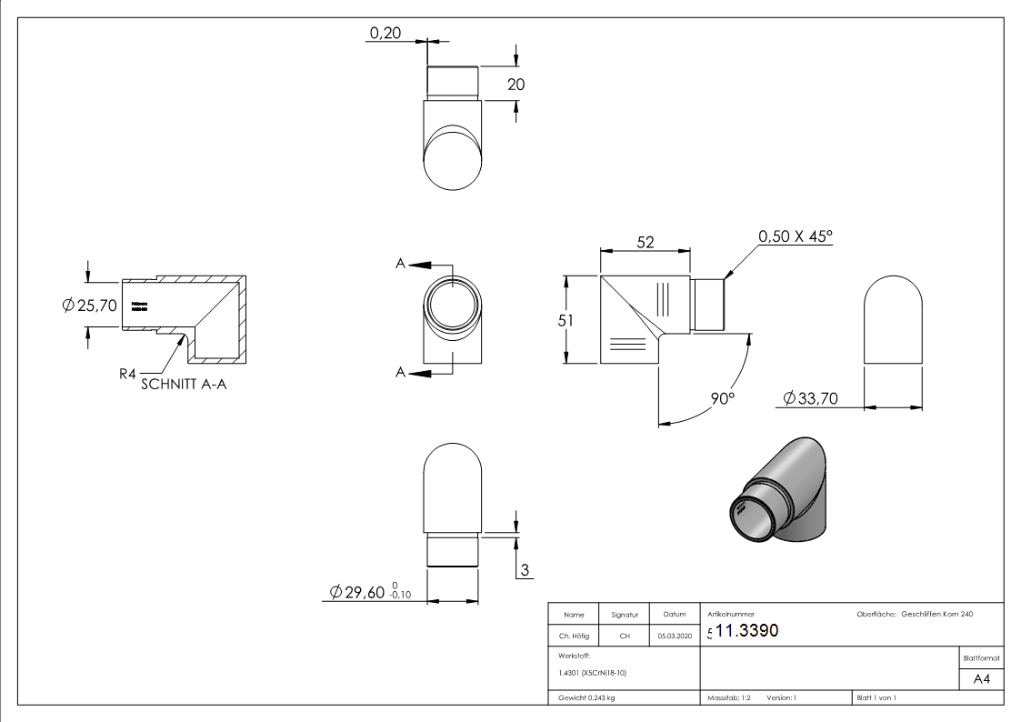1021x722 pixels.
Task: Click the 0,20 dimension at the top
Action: [384, 34]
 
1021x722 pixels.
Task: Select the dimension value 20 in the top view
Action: [516, 85]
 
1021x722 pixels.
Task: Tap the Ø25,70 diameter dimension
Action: [90, 306]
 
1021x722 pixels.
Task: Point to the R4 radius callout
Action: [128, 372]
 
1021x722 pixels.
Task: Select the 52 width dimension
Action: [645, 243]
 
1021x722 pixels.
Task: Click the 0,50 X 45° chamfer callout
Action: [796, 236]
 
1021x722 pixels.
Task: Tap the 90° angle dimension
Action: [724, 398]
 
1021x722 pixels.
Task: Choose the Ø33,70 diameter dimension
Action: [810, 398]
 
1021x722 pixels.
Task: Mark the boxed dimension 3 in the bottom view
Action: [525, 571]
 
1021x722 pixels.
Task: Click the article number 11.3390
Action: [746, 631]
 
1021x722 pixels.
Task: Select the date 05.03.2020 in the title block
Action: [674, 637]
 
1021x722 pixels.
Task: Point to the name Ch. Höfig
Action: [574, 637]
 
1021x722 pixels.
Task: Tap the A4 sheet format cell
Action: [981, 679]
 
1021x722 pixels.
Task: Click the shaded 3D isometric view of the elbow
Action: [781, 496]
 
